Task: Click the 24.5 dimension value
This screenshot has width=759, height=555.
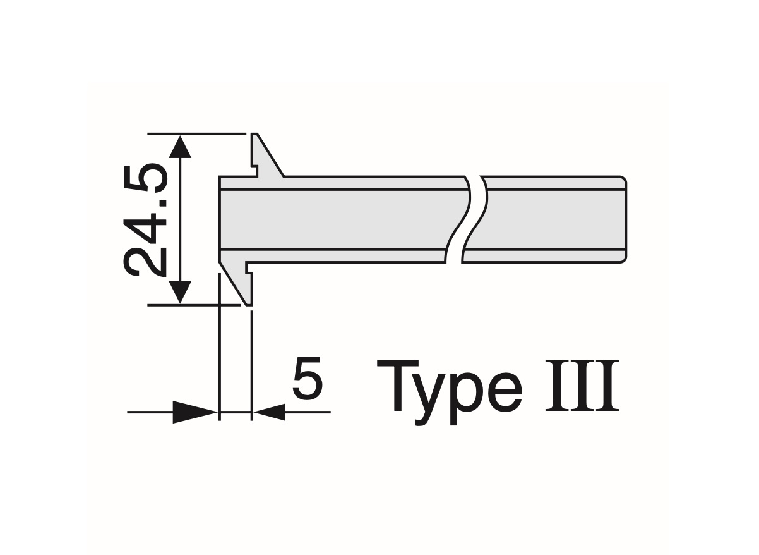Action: [x=145, y=219]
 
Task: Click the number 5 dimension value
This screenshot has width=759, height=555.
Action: [x=308, y=381]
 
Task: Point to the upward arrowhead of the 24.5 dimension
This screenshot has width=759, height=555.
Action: [x=181, y=147]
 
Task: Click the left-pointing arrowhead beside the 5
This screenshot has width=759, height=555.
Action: [x=268, y=412]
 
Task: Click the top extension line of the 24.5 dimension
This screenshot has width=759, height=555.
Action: [x=196, y=134]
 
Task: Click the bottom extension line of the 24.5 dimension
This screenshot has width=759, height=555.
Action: [x=189, y=305]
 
